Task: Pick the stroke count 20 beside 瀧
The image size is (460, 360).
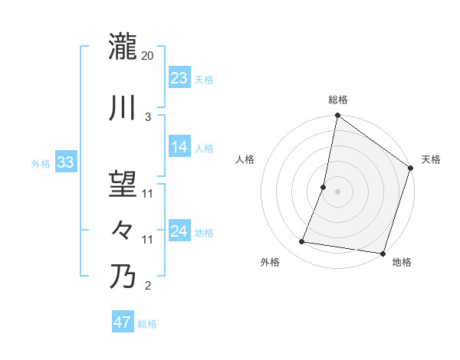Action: [x=149, y=56]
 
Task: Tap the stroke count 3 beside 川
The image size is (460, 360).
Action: [x=148, y=117]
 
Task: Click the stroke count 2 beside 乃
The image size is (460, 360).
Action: [x=148, y=286]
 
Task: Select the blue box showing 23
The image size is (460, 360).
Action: [x=179, y=78]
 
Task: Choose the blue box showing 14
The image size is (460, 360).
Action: [x=179, y=147]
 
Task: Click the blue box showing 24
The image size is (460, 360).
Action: [x=179, y=231]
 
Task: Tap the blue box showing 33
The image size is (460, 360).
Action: [x=65, y=162]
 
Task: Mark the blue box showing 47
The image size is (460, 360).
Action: [x=122, y=322]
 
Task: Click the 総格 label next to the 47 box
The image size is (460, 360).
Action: [x=147, y=324]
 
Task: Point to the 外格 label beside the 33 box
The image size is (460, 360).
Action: [x=41, y=163]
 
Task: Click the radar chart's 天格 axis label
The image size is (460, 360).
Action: [x=431, y=159]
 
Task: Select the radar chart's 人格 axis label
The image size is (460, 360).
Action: [x=245, y=159]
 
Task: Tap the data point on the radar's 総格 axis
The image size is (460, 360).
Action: [x=337, y=116]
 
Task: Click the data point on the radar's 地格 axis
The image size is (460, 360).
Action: [x=382, y=254]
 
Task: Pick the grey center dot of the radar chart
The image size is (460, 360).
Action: [x=337, y=191]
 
